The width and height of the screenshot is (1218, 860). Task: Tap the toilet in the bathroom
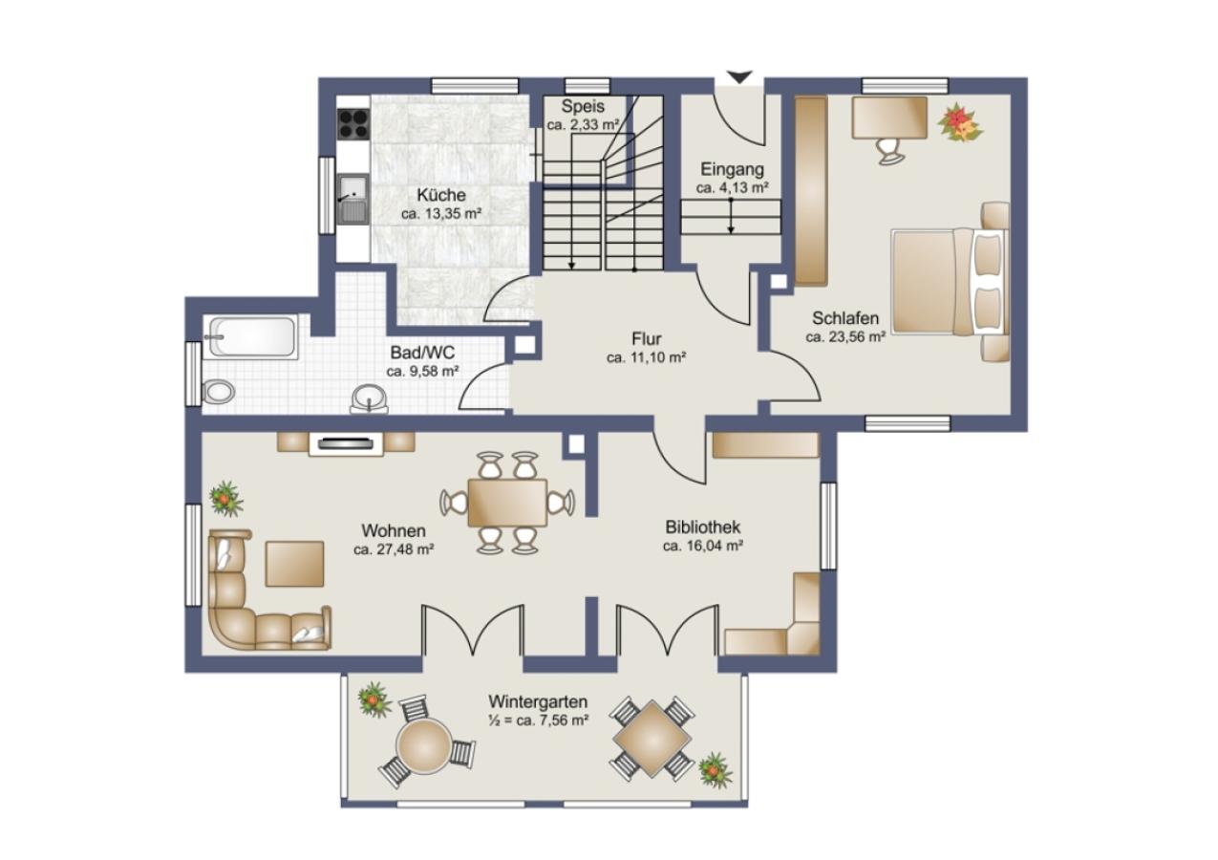[x=218, y=392]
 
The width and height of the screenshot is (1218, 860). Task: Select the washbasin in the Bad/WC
[x=369, y=398]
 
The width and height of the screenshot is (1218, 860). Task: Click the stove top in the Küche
[x=353, y=123]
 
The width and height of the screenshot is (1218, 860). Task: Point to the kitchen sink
[x=353, y=199]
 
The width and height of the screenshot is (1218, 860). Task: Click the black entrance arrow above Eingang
[x=739, y=77]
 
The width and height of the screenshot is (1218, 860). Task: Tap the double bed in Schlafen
[x=950, y=281]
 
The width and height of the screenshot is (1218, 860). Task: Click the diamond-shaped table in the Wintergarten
[x=652, y=738]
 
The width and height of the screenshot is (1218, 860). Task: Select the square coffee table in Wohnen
[x=295, y=564]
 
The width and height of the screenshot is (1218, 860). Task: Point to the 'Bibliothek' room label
[x=702, y=527]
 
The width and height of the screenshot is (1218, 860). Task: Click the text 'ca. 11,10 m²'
[x=646, y=357]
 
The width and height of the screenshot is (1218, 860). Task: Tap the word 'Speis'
[x=583, y=105]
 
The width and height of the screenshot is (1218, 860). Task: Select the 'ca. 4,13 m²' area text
[x=732, y=187]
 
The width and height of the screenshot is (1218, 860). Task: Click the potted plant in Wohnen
[x=225, y=498]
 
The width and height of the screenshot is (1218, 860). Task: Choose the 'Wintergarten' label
[x=538, y=700]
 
